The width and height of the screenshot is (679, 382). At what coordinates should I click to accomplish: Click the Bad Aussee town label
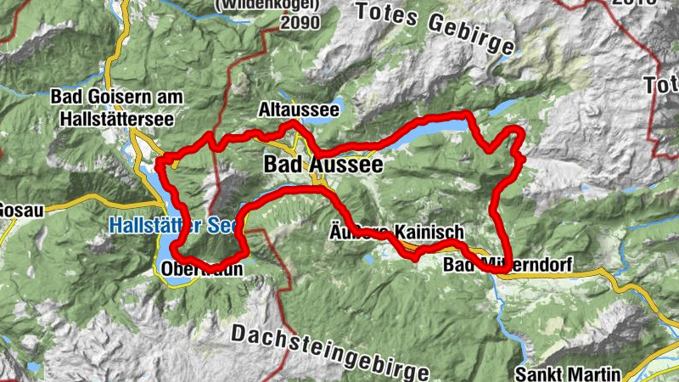[323, 164]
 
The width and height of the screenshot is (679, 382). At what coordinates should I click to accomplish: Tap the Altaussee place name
[299, 110]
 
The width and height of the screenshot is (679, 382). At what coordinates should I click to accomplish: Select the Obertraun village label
[201, 270]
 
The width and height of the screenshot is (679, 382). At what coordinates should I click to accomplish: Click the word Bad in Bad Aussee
[283, 164]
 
